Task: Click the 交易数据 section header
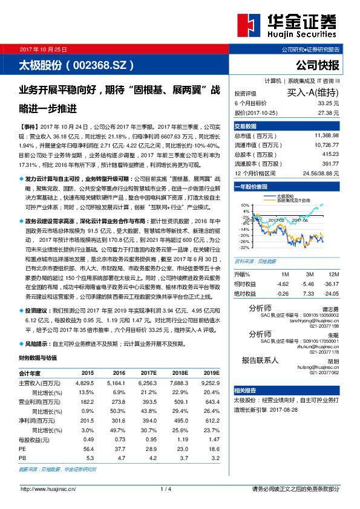coord(246,126)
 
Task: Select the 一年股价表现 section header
coord(251,187)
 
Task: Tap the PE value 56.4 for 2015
coord(88,449)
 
